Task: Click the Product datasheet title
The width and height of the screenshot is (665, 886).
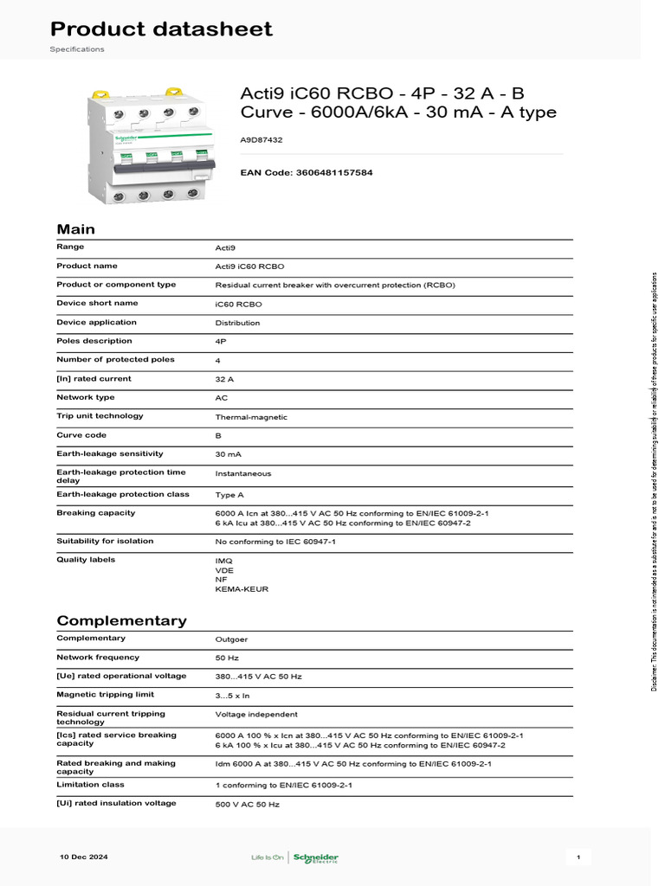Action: click(x=161, y=29)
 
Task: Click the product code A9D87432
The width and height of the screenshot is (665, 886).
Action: click(x=261, y=139)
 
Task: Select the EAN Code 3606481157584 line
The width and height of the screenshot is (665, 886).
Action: click(x=307, y=173)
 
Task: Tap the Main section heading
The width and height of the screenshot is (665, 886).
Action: click(x=75, y=229)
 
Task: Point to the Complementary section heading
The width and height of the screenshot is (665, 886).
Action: click(x=121, y=620)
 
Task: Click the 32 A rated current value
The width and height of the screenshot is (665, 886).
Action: click(x=224, y=379)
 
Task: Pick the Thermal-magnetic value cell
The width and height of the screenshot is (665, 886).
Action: click(x=251, y=417)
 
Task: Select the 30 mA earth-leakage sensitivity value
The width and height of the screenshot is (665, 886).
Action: click(x=227, y=454)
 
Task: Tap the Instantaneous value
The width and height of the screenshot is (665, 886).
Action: click(x=242, y=473)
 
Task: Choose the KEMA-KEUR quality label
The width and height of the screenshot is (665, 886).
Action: click(x=242, y=589)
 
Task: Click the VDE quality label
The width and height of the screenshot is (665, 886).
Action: click(x=223, y=570)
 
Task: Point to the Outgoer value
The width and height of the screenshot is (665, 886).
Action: click(x=231, y=639)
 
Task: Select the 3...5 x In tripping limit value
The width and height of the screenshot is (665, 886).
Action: click(x=232, y=695)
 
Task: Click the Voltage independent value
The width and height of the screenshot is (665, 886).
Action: click(x=255, y=715)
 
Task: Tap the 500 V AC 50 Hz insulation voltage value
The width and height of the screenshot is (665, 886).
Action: click(x=247, y=804)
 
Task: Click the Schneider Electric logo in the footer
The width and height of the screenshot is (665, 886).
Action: click(x=316, y=857)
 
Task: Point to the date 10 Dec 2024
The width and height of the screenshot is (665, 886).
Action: click(x=83, y=857)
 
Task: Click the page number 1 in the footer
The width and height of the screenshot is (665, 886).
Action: click(x=578, y=857)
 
